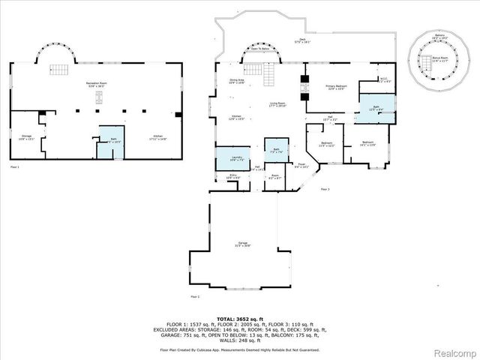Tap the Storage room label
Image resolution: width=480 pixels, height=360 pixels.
(x=25, y=137)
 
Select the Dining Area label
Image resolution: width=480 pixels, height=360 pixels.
(x=237, y=82)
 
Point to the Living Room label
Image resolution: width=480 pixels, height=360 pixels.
(x=279, y=106)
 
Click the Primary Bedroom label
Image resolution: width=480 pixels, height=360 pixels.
(x=335, y=87)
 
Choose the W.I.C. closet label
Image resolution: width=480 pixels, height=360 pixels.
(x=382, y=80)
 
